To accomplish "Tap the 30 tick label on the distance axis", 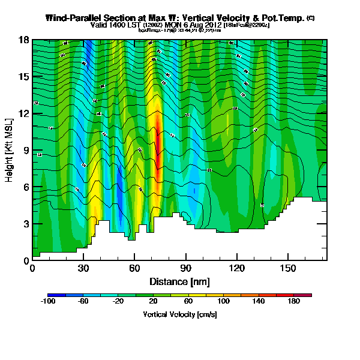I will (x=84, y=268).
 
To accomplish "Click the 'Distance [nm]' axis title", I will (x=179, y=281).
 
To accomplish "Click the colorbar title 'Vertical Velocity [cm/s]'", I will (x=179, y=314).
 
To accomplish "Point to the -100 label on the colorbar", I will (x=47, y=302).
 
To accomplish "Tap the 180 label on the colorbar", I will (x=294, y=302).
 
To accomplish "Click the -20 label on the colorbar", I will (x=118, y=302).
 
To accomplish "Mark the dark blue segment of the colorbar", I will (x=56, y=295).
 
